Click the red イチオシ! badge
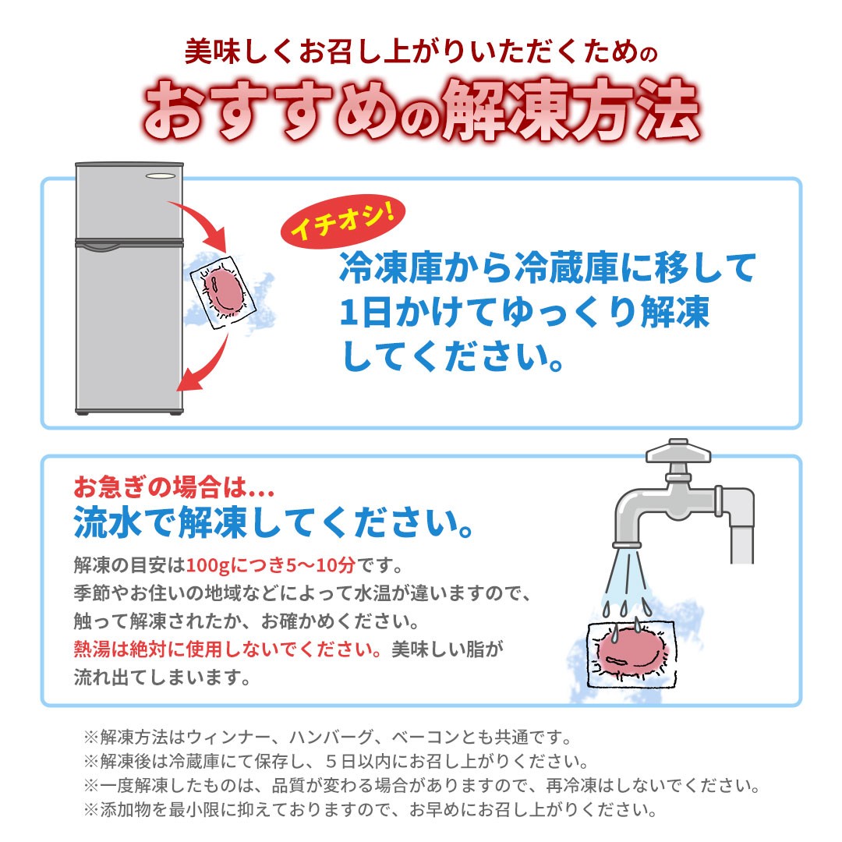[x=342, y=221]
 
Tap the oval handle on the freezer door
[x=161, y=175]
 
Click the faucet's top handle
[x=678, y=451]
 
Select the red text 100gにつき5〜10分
[x=271, y=565]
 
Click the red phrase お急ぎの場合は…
[x=174, y=487]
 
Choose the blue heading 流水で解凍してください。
[x=274, y=522]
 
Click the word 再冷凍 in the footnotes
[x=571, y=786]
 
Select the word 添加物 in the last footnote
[x=126, y=810]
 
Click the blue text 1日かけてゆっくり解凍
[x=525, y=313]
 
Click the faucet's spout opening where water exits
[x=627, y=544]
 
